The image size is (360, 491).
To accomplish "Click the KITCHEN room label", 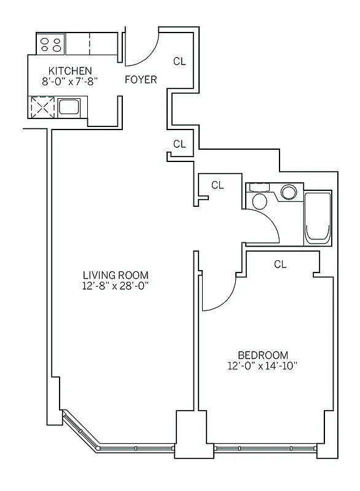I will tap(71, 71).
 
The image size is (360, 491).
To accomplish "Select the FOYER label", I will tap(141, 80).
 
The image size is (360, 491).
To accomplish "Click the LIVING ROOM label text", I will tap(116, 275).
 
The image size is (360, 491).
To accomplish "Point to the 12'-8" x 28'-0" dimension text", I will tap(116, 285).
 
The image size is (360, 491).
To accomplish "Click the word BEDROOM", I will tap(263, 355).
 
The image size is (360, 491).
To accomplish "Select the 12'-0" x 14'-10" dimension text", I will tap(263, 366).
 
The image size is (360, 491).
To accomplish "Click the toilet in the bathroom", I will tap(259, 200).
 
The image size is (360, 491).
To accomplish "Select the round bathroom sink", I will tap(289, 192).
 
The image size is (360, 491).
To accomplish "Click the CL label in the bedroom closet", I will tap(280, 265).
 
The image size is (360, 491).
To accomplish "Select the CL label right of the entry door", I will tap(179, 61).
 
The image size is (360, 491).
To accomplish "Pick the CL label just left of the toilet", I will tap(217, 185).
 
